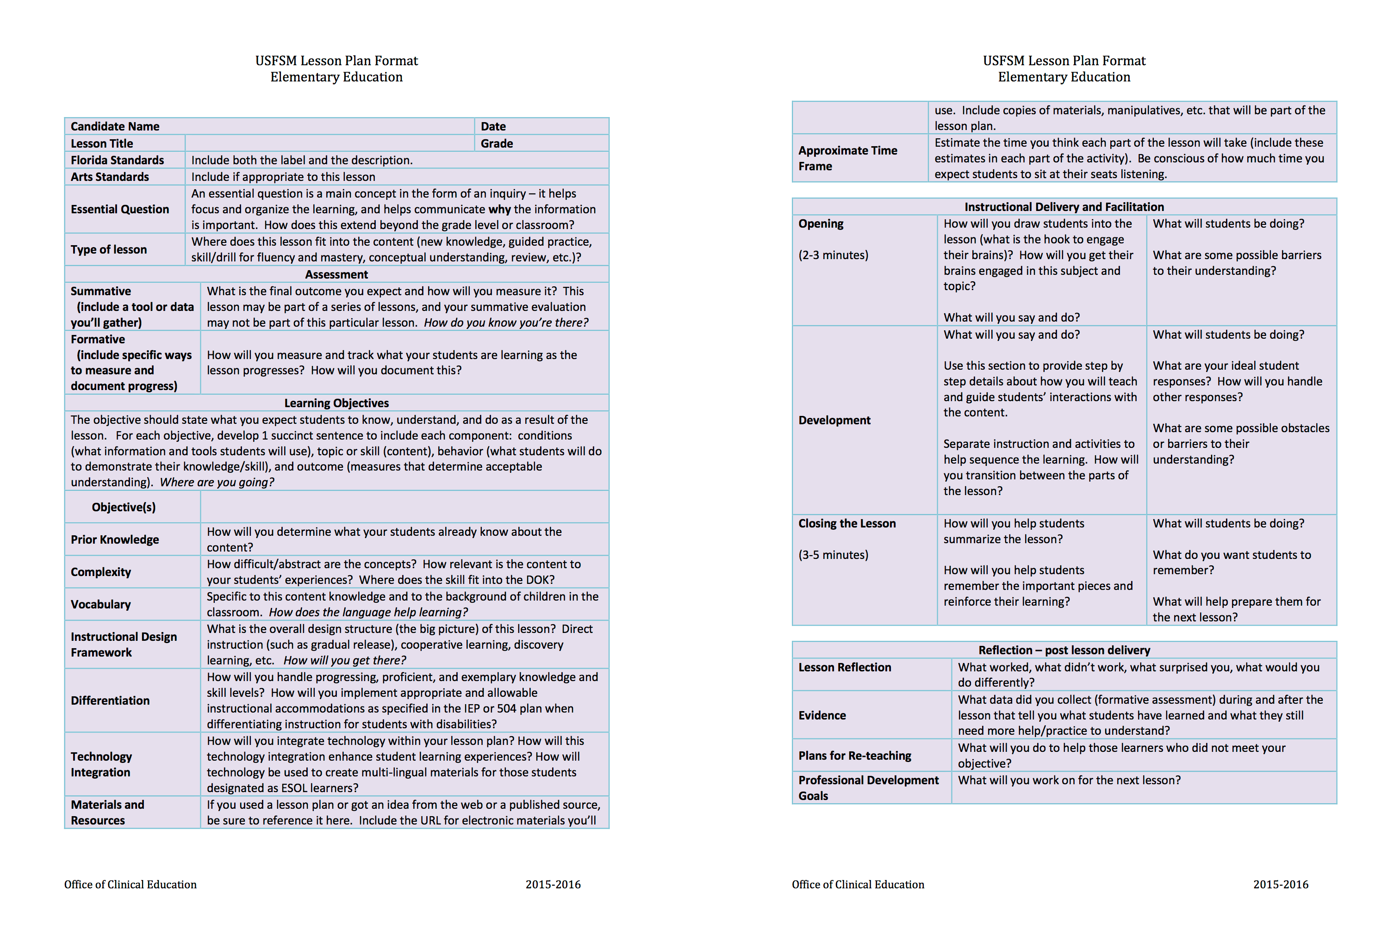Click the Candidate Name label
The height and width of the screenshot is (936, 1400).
[115, 127]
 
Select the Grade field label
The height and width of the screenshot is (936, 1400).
[497, 143]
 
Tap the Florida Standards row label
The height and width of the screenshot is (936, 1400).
[117, 160]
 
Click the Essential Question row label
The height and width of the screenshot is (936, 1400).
[119, 209]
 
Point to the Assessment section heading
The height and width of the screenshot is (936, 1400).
[336, 274]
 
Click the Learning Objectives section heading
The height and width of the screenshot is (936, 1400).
[336, 403]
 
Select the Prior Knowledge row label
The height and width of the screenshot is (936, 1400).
[115, 539]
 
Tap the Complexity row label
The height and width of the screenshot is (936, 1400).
[100, 572]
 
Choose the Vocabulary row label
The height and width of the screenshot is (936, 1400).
[100, 604]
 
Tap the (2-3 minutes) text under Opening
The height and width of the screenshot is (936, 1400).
[833, 255]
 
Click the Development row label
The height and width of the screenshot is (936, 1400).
[834, 420]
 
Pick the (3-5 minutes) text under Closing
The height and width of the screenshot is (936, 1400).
[833, 555]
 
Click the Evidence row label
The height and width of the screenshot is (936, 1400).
[821, 715]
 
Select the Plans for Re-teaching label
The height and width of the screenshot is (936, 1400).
[854, 756]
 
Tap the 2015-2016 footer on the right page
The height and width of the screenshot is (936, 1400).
[1280, 885]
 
